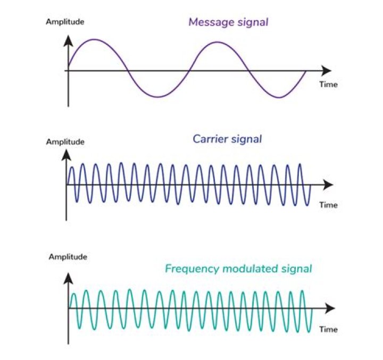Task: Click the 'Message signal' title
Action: (x=228, y=22)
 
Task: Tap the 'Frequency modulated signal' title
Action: (x=238, y=268)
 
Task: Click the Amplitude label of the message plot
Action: (x=65, y=22)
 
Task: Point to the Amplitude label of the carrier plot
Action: (x=65, y=141)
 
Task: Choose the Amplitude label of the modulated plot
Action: (x=68, y=257)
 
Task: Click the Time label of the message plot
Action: (x=328, y=85)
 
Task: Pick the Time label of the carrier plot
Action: (x=328, y=205)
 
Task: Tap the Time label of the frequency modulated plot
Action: (x=328, y=329)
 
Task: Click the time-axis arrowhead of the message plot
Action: (x=326, y=70)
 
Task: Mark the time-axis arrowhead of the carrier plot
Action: (x=328, y=185)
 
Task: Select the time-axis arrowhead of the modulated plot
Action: (x=330, y=308)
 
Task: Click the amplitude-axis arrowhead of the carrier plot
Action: (x=66, y=155)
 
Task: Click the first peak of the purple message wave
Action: (x=95, y=39)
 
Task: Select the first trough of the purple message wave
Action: (x=157, y=97)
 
